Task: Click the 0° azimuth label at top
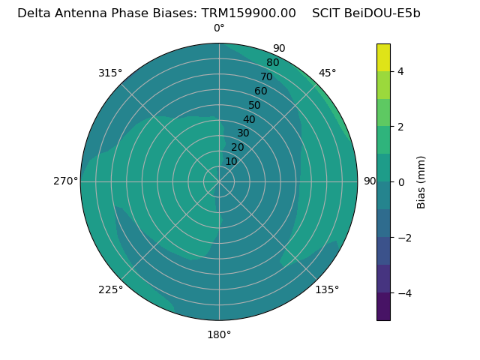click(219, 28)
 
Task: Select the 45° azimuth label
click(328, 73)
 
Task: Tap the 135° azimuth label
click(327, 289)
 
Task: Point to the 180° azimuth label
click(219, 334)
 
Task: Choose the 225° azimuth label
click(110, 289)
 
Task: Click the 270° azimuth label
click(66, 181)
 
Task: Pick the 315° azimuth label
click(110, 73)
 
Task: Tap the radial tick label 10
click(231, 161)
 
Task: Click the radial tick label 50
click(255, 106)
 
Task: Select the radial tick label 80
click(273, 62)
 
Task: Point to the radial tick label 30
click(243, 133)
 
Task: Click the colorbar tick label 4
click(401, 71)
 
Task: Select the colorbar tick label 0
click(401, 182)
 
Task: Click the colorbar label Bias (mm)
click(421, 182)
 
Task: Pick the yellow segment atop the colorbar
click(383, 57)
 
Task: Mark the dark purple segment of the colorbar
click(383, 307)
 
